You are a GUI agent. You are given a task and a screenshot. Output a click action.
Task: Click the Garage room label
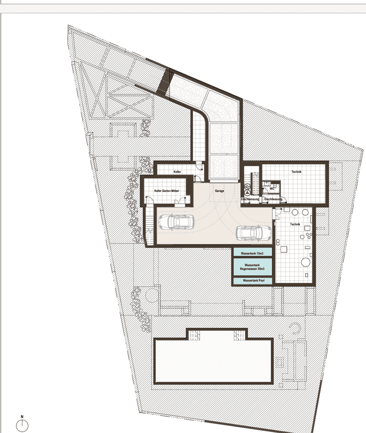coord(219,191)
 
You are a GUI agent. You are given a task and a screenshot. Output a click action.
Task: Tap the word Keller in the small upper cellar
coord(177,172)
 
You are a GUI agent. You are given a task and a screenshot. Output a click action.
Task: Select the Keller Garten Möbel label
coord(167,191)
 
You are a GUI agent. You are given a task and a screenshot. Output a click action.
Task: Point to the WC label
coord(272,189)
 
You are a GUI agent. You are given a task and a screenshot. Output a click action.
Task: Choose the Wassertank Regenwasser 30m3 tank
coord(253,267)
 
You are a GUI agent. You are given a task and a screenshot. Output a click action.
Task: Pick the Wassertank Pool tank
coord(253,281)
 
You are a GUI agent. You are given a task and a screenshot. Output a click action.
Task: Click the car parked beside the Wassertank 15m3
coord(254,233)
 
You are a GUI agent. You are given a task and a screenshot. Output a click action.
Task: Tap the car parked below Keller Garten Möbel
coord(176,221)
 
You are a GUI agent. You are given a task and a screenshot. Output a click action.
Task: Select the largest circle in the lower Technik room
coord(305,262)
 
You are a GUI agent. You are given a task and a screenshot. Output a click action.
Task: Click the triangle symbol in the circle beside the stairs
coord(247,192)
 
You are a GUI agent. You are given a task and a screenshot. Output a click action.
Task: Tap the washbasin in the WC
coord(266,184)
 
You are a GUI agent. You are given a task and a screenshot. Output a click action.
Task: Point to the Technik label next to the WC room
coord(296,172)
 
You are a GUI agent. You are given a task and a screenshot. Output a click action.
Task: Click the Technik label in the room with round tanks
coord(295,224)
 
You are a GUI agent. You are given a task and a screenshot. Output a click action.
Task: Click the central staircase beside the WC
coord(255,184)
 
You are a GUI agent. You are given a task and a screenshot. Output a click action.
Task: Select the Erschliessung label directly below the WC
coord(273,199)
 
